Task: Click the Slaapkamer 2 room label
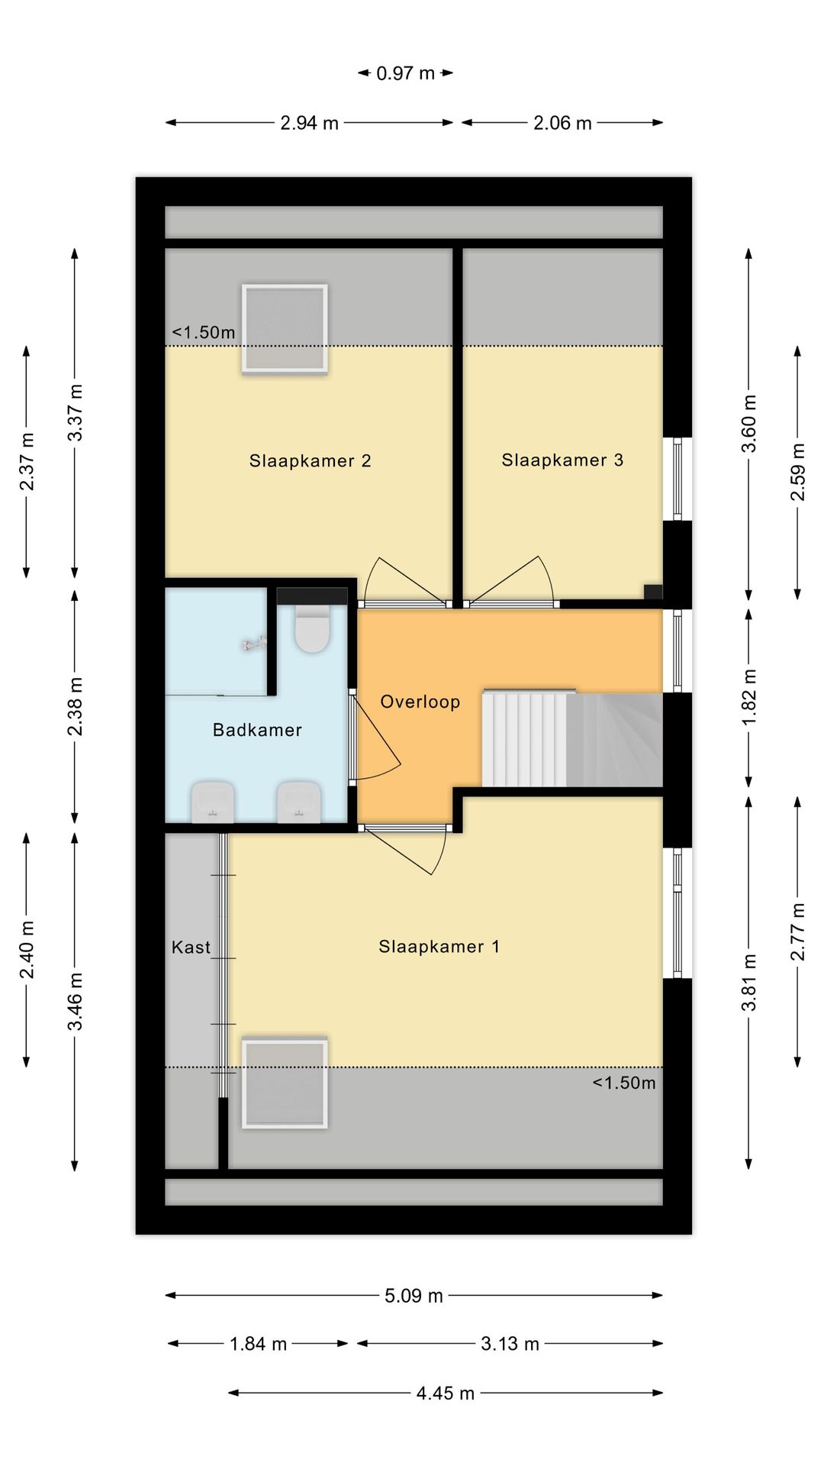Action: [x=310, y=460]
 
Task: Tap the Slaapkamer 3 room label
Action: [x=562, y=460]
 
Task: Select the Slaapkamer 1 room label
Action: [x=439, y=947]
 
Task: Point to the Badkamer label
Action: [x=257, y=730]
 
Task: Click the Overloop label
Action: [x=420, y=702]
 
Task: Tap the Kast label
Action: [x=191, y=948]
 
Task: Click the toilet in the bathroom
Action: [x=311, y=628]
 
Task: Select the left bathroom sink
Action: [x=212, y=802]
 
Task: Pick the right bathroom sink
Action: [x=298, y=802]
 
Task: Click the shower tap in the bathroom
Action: [x=255, y=644]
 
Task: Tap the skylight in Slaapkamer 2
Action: [x=285, y=328]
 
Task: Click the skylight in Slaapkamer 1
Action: [x=285, y=1083]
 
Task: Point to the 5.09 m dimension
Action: [x=414, y=1296]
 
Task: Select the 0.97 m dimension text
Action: [x=405, y=73]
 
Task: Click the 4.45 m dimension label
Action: [x=446, y=1393]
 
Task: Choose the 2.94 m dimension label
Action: [x=309, y=123]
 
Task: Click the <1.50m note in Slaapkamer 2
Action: [x=204, y=332]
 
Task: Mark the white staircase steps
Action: [x=524, y=738]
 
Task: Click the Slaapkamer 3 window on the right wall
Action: [x=678, y=480]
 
